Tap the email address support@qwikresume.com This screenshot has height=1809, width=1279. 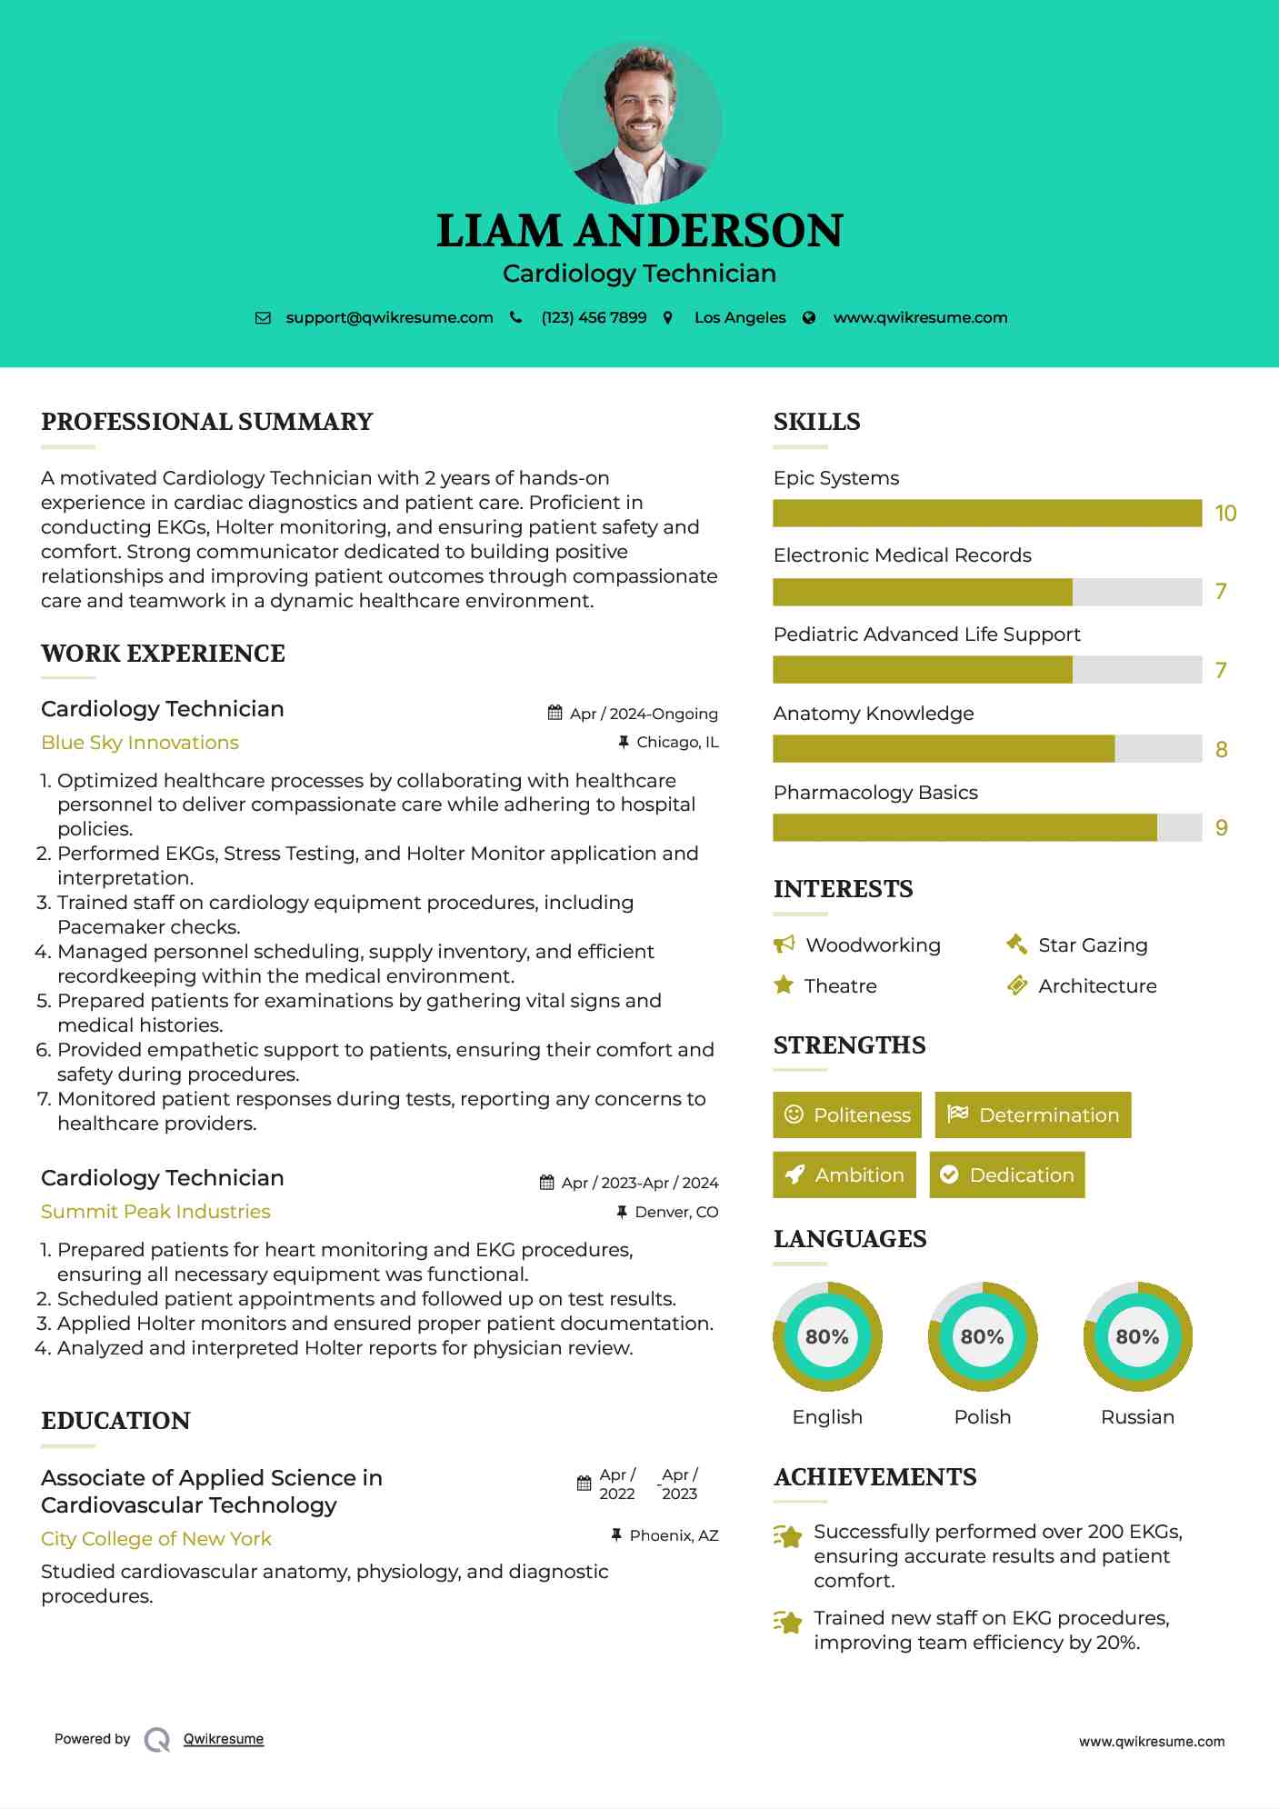pyautogui.click(x=389, y=318)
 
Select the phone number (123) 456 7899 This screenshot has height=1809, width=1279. pyautogui.click(x=594, y=318)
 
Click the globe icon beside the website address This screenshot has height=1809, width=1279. pyautogui.click(x=809, y=318)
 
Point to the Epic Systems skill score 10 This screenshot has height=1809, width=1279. pyautogui.click(x=1225, y=514)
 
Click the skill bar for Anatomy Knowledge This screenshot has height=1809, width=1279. pyautogui.click(x=987, y=749)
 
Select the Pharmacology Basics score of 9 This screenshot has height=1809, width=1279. pyautogui.click(x=1222, y=828)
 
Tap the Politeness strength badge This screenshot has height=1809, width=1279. pyautogui.click(x=847, y=1115)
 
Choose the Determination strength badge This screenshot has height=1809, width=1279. pyautogui.click(x=1033, y=1115)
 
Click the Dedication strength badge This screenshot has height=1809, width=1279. pyautogui.click(x=1007, y=1175)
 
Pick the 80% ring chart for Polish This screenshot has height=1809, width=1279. pyautogui.click(x=983, y=1337)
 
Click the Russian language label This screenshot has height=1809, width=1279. pyautogui.click(x=1137, y=1417)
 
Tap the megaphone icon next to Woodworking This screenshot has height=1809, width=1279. pyautogui.click(x=784, y=944)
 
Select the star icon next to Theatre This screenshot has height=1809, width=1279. pyautogui.click(x=784, y=985)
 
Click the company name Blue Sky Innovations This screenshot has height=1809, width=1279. pyautogui.click(x=140, y=743)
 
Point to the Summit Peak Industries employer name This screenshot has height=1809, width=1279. pyautogui.click(x=155, y=1212)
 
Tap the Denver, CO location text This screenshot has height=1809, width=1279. pyautogui.click(x=676, y=1212)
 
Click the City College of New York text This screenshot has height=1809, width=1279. pyautogui.click(x=156, y=1539)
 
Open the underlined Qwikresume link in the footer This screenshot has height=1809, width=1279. pyautogui.click(x=224, y=1739)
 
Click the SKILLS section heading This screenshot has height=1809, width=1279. pyautogui.click(x=816, y=422)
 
